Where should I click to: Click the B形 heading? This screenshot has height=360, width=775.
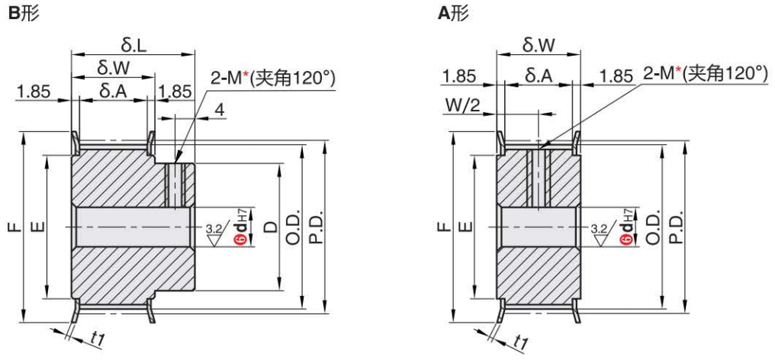pos(21,14)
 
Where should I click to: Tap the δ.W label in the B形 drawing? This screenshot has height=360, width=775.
pos(113,69)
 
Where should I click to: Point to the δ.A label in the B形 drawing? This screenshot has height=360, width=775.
pos(113,91)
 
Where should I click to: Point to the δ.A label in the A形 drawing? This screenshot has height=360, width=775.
pos(539,75)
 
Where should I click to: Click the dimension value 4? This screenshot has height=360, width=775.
pos(220,111)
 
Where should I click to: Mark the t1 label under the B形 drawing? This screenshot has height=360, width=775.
pos(97,338)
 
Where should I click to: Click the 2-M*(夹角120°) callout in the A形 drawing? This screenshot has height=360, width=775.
pos(705,73)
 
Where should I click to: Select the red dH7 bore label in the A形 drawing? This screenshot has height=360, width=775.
pos(626,227)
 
